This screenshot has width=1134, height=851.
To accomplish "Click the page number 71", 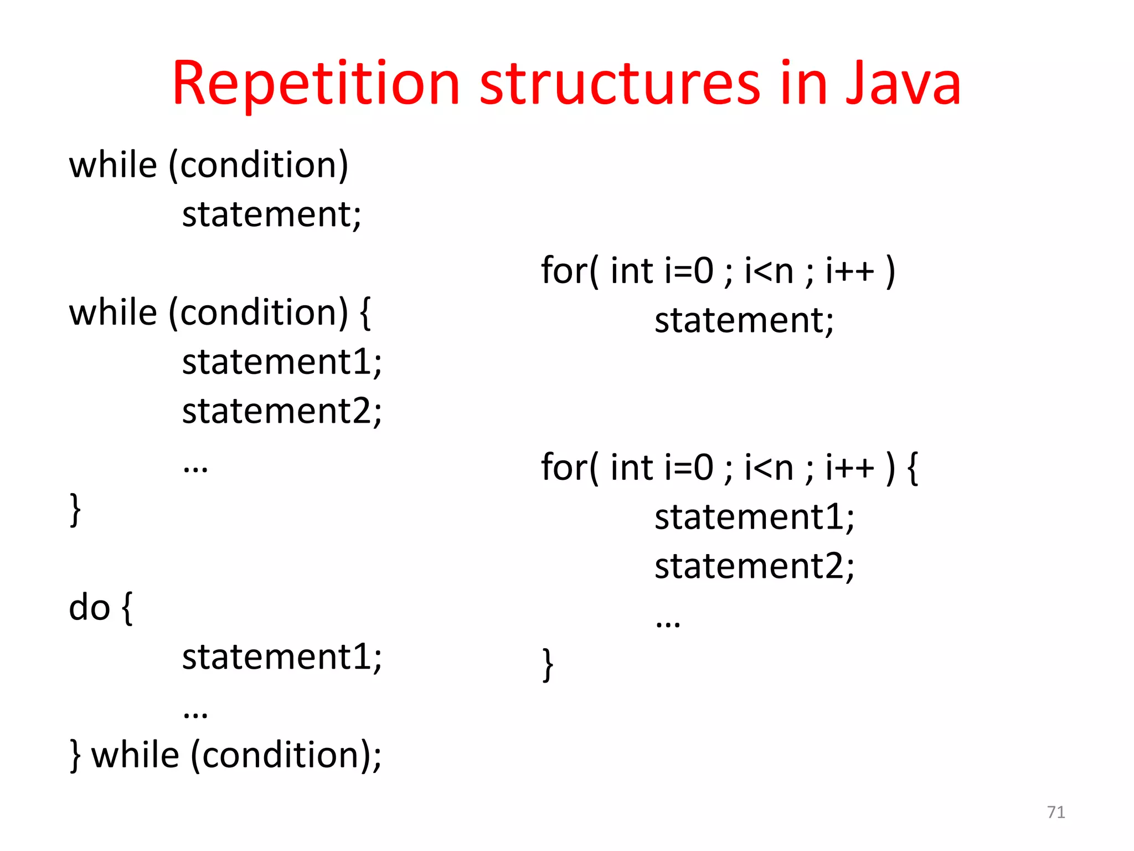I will tap(1056, 812).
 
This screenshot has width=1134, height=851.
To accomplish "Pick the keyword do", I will tap(89, 607).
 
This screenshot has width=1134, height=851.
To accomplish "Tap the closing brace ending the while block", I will tap(75, 510).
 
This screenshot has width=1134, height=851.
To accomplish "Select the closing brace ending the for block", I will tap(547, 664).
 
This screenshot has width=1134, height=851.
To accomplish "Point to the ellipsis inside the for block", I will tap(668, 623).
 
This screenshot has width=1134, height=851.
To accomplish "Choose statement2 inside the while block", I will tap(281, 411).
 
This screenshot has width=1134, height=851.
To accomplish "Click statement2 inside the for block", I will tap(754, 566).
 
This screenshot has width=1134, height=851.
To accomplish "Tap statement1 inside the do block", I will tap(281, 657).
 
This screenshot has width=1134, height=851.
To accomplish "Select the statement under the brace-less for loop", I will tap(744, 320).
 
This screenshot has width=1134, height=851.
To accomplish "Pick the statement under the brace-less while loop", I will tap(271, 214).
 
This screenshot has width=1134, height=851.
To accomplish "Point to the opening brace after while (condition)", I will tap(365, 313).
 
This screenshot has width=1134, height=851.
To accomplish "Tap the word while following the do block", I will tap(135, 755).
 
